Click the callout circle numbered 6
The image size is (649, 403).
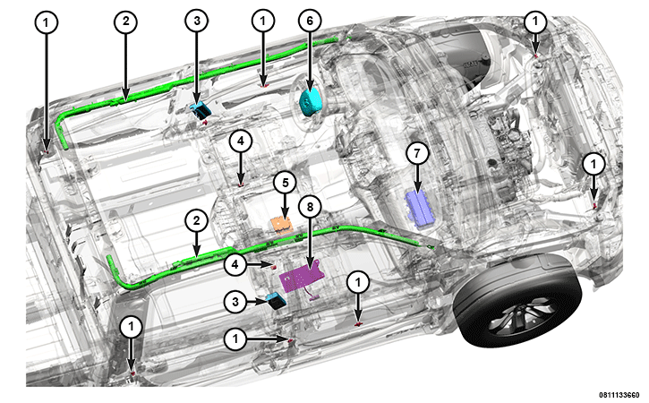click(310, 21)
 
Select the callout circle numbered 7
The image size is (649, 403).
click(417, 154)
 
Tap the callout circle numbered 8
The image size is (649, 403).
click(311, 207)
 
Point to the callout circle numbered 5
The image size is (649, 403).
click(285, 183)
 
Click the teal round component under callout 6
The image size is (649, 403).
click(310, 103)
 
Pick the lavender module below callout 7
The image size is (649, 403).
click(418, 209)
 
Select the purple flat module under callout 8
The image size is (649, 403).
click(300, 275)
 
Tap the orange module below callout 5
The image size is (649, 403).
click(281, 226)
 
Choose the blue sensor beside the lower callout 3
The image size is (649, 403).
click(275, 300)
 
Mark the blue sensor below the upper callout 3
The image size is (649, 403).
click(201, 110)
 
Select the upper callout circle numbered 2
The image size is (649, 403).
click(126, 21)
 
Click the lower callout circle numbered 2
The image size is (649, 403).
click(196, 220)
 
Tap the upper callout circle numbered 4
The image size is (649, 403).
click(241, 141)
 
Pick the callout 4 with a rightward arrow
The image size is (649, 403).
click(235, 264)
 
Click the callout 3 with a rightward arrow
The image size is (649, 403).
click(235, 302)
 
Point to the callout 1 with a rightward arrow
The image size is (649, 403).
click(235, 339)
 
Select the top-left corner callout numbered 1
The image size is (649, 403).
click(46, 22)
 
